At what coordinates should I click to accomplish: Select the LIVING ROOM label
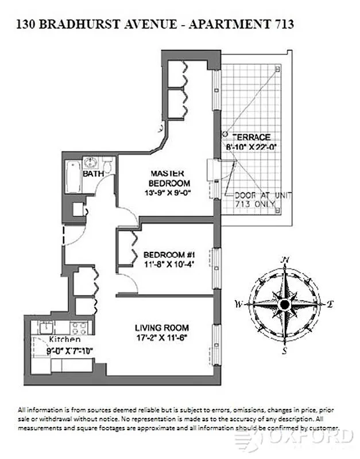click(x=162, y=328)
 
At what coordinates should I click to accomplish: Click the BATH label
click(x=92, y=173)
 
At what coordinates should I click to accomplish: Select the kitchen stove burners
click(x=79, y=328)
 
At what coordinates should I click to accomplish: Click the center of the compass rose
click(x=284, y=304)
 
